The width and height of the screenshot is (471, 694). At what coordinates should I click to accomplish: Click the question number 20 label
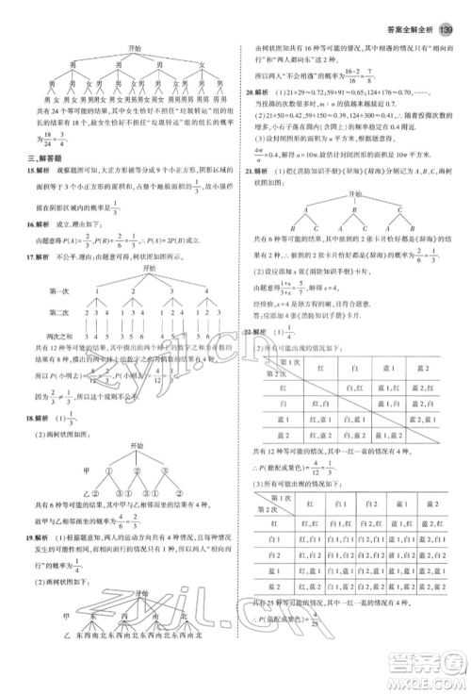click(x=249, y=93)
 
